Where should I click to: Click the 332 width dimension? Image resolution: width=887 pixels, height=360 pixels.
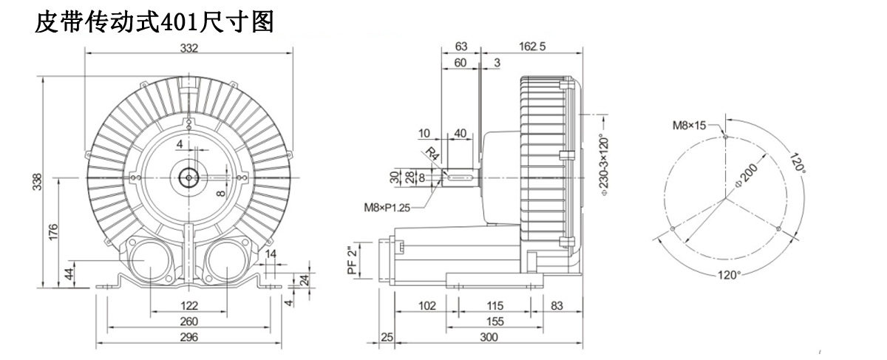coord(189,48)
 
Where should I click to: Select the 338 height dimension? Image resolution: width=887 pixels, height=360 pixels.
coord(37,182)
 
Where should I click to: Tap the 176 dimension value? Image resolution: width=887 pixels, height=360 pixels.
coord(53,232)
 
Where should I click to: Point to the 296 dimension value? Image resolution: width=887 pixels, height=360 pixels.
coord(189,337)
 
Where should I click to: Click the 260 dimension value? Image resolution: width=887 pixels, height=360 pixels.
coord(189,321)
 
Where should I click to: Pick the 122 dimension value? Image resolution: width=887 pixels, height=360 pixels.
coord(189,306)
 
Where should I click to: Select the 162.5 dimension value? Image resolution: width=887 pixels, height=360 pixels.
coord(532,47)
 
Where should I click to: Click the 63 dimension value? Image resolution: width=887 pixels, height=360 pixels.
coord(461,47)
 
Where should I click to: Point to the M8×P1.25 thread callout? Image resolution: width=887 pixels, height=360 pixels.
coord(387,208)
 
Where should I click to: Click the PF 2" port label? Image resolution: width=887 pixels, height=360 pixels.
coord(352,260)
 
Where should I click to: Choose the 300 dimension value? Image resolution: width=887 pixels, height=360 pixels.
coord(489,337)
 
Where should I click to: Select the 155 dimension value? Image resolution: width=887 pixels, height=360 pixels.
coord(495,321)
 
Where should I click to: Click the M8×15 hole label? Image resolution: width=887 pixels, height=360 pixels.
coord(689,126)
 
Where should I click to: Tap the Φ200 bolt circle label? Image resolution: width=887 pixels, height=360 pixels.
coord(746,175)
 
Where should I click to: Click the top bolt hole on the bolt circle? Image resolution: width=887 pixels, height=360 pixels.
coord(725,137)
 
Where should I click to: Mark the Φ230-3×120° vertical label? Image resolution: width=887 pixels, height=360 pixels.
coord(605,166)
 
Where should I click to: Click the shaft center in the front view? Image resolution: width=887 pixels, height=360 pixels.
coord(189,178)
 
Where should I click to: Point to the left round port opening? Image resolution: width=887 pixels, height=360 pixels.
coord(150,260)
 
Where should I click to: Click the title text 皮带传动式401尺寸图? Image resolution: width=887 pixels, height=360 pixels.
coord(154,21)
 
